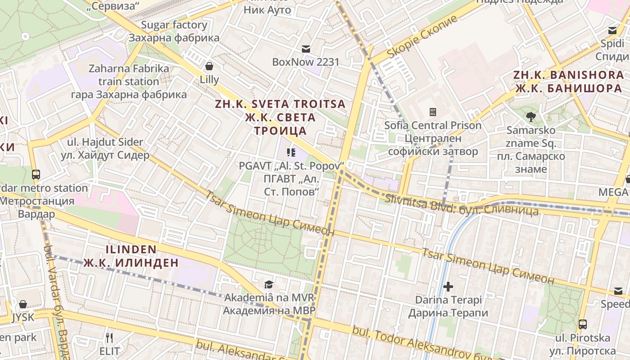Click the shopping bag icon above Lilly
[209, 67]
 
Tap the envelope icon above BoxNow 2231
[306, 49]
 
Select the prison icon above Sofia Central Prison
[433, 112]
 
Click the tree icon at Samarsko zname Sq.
[531, 117]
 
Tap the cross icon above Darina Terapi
[448, 286]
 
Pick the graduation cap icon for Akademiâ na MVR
[269, 284]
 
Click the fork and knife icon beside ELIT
[109, 337]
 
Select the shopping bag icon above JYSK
[23, 304]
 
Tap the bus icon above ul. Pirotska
[583, 324]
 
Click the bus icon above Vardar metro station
[36, 175]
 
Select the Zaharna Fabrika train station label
[129, 81]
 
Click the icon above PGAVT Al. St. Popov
[291, 153]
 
